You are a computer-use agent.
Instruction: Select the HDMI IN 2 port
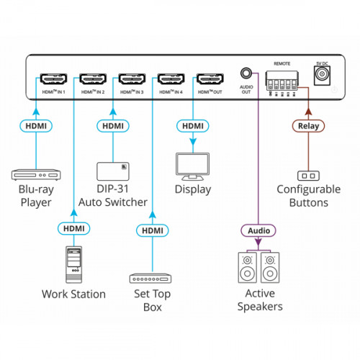point(93,79)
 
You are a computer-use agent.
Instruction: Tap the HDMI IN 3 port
point(132,79)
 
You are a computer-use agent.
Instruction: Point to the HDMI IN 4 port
point(171,79)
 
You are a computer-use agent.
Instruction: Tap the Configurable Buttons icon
point(308,176)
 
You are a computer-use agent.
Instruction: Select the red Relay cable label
point(308,126)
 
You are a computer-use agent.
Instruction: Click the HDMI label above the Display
point(191,126)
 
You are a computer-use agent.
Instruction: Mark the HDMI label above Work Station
point(73,229)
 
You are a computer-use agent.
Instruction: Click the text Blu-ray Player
point(35,197)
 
